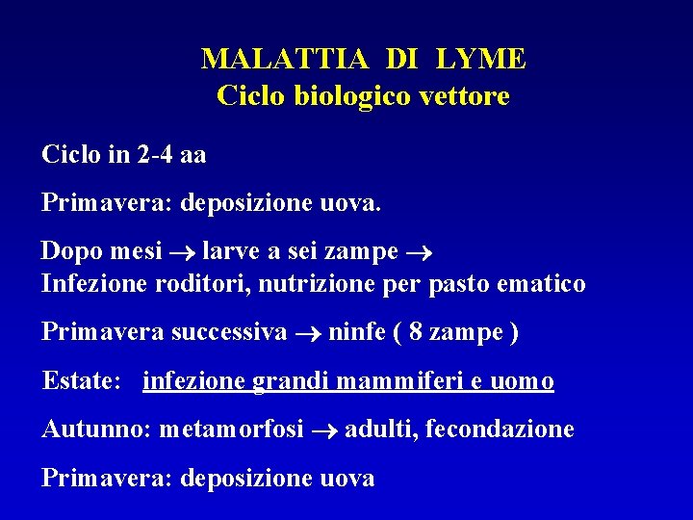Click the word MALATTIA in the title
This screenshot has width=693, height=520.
coord(285,60)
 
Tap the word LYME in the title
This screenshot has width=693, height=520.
coord(480,60)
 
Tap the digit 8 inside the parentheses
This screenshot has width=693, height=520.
coord(416,333)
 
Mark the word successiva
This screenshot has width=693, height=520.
coord(229,332)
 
